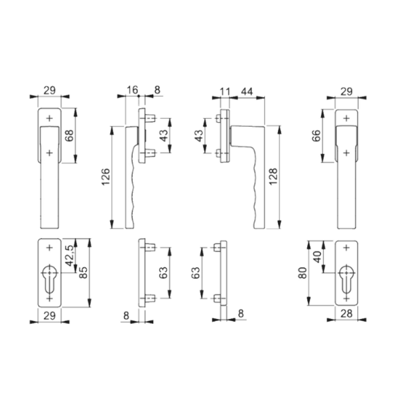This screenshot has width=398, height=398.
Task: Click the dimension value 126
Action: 105,176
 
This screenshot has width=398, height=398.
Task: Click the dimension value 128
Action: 273,176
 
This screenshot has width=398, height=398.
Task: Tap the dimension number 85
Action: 84,273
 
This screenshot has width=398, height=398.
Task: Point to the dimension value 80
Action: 302,273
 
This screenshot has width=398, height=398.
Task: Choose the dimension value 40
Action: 317,257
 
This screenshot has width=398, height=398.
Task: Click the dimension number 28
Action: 346,314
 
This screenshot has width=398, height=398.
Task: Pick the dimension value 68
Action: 69,135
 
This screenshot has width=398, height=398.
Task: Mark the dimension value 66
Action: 316,135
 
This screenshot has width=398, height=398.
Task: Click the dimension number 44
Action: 247,92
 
